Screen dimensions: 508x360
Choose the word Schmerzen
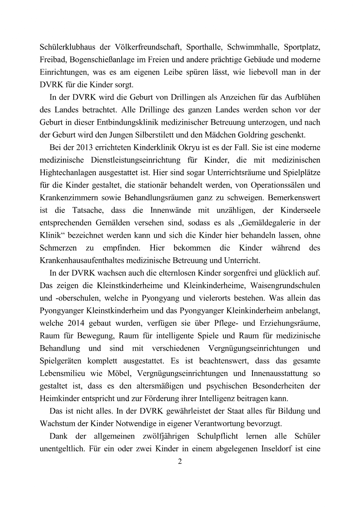pos(58,248)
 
